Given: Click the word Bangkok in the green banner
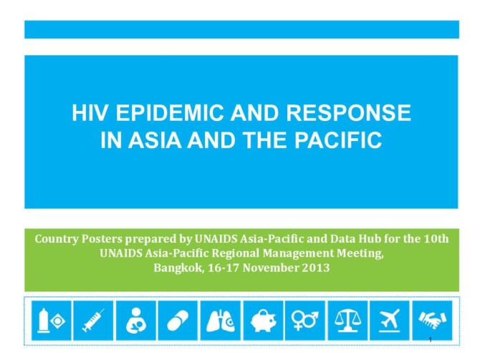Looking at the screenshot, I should (x=177, y=268).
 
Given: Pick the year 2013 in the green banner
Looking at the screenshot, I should (x=313, y=268).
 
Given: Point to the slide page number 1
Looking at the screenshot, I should (x=430, y=338).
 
